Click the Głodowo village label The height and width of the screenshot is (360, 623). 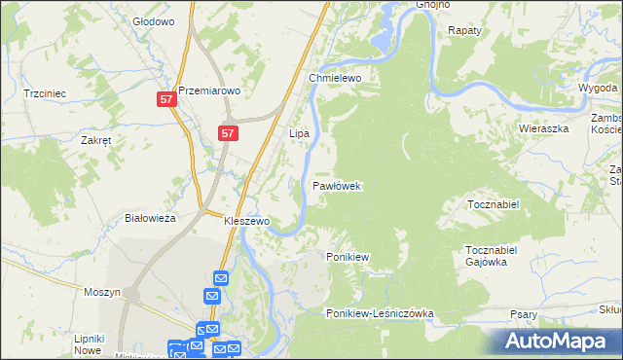click(153, 20)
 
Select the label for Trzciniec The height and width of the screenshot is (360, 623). click(44, 93)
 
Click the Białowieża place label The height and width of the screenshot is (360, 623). click(151, 219)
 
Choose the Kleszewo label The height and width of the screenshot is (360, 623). click(246, 222)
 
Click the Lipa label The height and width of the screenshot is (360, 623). click(299, 132)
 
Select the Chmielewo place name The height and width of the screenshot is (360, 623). click(335, 78)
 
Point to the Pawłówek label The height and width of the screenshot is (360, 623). click(338, 185)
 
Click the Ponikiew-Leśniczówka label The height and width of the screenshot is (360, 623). click(380, 314)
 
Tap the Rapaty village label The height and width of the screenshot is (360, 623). click(465, 31)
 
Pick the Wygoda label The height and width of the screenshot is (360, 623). click(598, 87)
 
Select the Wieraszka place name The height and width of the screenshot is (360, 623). click(543, 128)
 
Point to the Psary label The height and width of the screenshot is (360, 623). click(524, 314)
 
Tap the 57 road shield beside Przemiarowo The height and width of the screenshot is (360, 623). click(166, 99)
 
